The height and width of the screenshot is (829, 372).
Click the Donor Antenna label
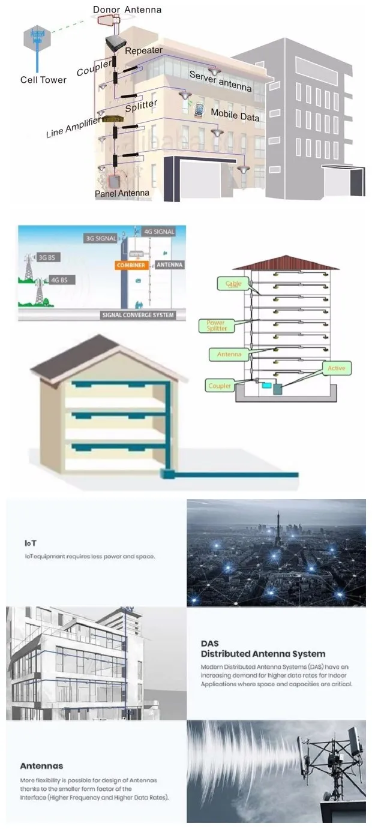pyautogui.click(x=127, y=10)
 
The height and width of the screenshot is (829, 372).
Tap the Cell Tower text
pyautogui.click(x=43, y=80)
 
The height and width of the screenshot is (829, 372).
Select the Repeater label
pyautogui.click(x=143, y=50)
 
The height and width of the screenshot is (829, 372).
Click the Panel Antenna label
pyautogui.click(x=122, y=194)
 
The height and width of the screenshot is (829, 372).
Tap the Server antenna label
pyautogui.click(x=220, y=80)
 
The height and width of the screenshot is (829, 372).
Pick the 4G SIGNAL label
pyautogui.click(x=159, y=232)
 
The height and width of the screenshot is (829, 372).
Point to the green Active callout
pyautogui.click(x=336, y=368)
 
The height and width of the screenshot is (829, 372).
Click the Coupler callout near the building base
pyautogui.click(x=219, y=386)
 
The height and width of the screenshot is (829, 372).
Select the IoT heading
pyautogui.click(x=30, y=543)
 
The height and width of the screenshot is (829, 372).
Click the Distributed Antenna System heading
pyautogui.click(x=263, y=654)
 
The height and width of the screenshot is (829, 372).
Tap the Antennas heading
pyautogui.click(x=41, y=766)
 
